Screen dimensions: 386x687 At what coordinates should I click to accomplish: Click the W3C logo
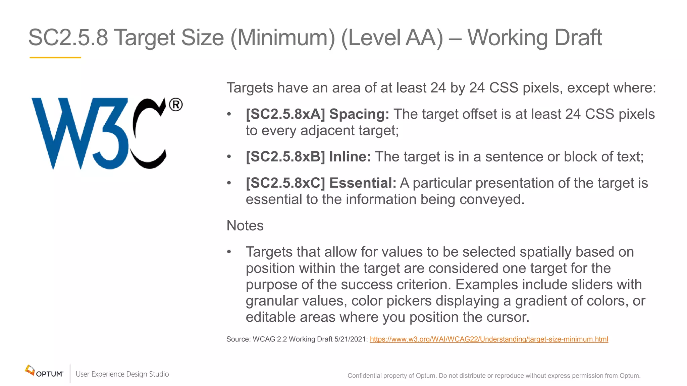coord(101,133)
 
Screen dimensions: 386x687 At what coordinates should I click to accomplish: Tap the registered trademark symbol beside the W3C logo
coord(176,105)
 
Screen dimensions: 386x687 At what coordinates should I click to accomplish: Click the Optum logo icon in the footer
coord(30,371)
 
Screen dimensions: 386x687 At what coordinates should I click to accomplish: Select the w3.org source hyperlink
coord(489,339)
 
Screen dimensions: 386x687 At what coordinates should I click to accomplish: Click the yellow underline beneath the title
coord(55,58)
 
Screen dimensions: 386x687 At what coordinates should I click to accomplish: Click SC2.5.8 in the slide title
coord(68,38)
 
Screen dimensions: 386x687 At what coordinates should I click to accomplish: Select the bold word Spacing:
coord(359,114)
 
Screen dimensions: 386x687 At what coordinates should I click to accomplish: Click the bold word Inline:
coord(350,157)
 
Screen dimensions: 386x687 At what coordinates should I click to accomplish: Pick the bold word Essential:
coord(363,183)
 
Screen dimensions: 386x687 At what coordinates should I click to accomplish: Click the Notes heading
coord(245,226)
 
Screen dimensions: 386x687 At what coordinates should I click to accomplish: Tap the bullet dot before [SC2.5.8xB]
coord(229,157)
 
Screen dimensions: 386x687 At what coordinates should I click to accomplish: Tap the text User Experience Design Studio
coord(122,374)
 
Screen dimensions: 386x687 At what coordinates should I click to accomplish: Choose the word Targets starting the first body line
coord(250,88)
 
